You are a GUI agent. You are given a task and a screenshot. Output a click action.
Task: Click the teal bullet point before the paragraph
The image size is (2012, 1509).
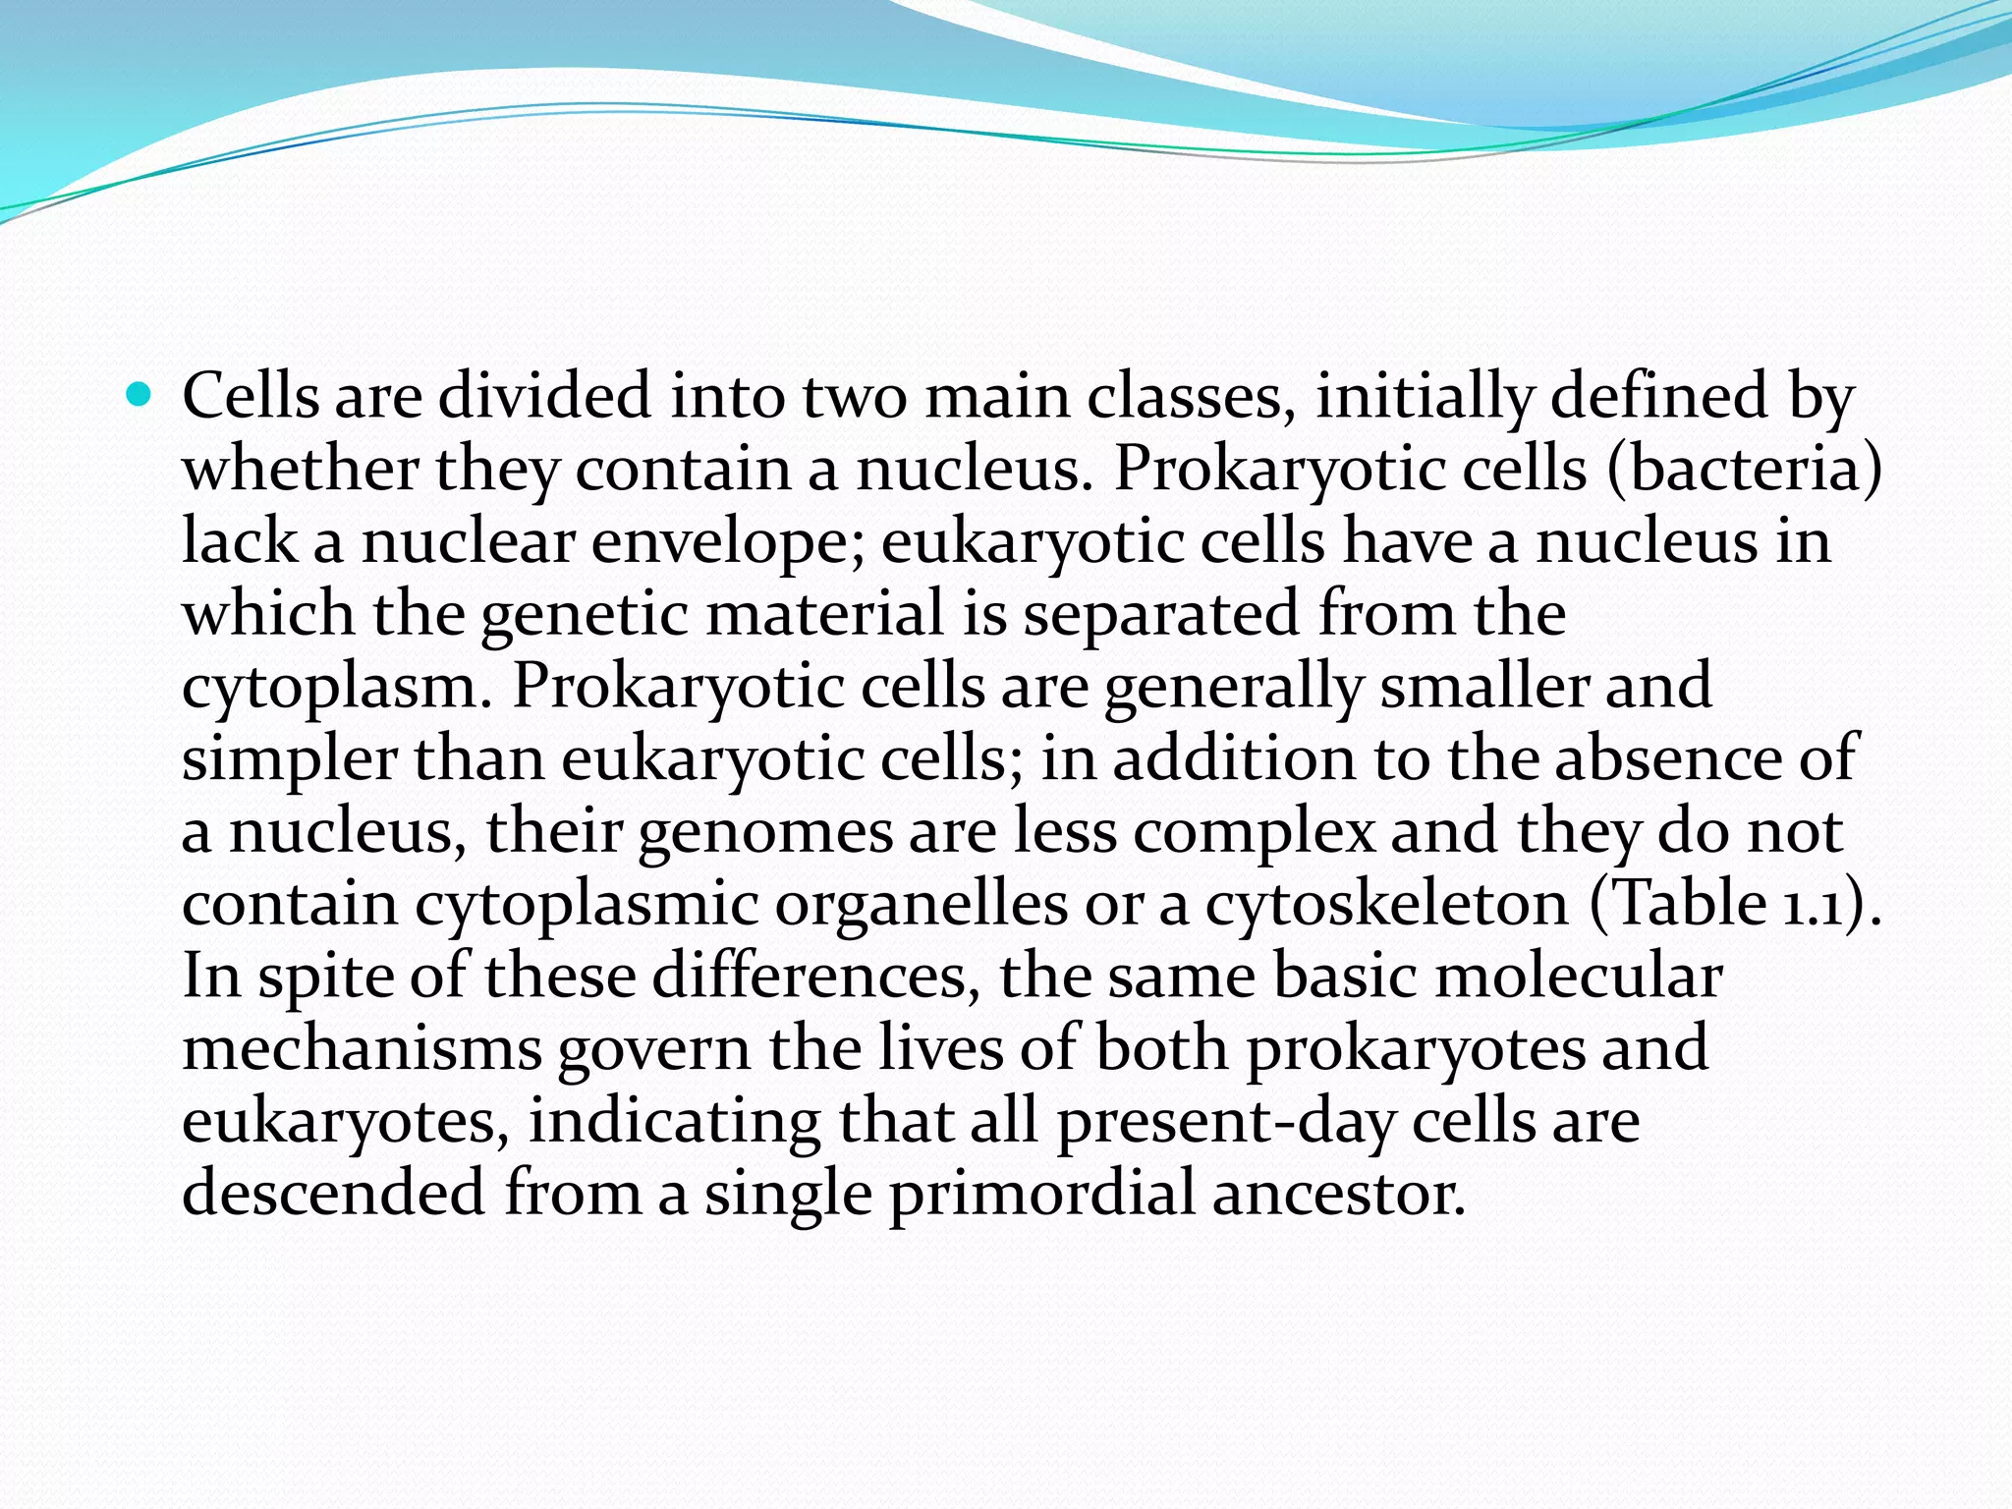[140, 396]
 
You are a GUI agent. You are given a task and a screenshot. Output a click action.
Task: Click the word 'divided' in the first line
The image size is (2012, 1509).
[544, 396]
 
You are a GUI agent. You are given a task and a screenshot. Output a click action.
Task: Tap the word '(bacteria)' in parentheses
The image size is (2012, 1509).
[1745, 469]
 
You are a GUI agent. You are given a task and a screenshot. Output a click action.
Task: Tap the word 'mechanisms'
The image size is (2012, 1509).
[362, 1048]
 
